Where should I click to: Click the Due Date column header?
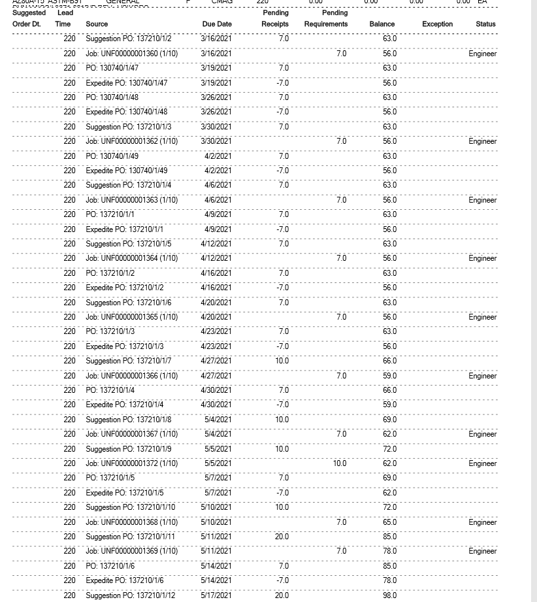217,24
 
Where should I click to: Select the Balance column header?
382,24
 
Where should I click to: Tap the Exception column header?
437,24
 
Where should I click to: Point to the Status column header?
485,24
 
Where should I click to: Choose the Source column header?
97,24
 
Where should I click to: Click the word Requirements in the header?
325,24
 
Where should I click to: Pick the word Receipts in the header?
275,24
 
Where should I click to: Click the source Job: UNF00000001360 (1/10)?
131,54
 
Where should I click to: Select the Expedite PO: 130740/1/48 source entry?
126,112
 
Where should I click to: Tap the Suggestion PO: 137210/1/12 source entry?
130,595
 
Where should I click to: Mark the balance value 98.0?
389,595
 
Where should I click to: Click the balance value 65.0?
389,522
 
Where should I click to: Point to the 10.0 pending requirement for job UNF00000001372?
340,463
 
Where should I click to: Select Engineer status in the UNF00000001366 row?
483,376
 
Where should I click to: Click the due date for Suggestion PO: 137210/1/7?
216,361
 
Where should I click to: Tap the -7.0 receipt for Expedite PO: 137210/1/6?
282,580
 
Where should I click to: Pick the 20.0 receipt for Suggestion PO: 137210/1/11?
282,537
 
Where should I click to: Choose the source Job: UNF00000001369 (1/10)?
131,551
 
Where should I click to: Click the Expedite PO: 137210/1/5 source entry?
124,493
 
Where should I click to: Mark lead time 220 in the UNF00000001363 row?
69,200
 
